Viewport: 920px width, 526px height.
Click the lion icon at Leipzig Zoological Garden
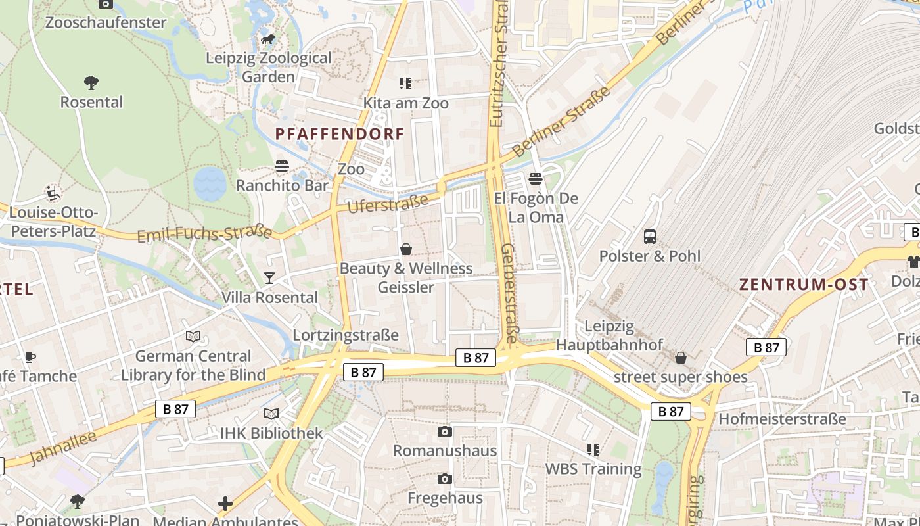coord(268,40)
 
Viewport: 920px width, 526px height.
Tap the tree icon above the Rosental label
coord(91,83)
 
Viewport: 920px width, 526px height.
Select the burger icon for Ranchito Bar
coord(282,166)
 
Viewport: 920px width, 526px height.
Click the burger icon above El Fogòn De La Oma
coord(536,179)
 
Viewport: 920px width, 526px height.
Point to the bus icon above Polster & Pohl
coord(650,237)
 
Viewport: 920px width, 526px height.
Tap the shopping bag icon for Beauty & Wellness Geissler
coord(406,249)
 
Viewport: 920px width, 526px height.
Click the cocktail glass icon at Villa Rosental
coord(269,278)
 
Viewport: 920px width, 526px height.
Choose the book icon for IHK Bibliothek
coord(271,414)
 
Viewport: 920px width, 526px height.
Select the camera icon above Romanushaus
coord(445,431)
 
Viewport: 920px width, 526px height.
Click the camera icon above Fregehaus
coord(445,479)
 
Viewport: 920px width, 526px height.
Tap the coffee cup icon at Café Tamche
coord(30,357)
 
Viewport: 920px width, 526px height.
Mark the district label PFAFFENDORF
coord(340,134)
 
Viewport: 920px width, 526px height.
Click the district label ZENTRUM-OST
coord(804,285)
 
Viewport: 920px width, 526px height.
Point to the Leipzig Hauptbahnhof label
coord(609,335)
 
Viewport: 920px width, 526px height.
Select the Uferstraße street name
coord(387,203)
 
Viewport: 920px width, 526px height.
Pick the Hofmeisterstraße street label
coord(782,419)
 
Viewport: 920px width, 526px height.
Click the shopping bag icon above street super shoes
coord(681,358)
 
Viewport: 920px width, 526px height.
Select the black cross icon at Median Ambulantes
coord(225,504)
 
